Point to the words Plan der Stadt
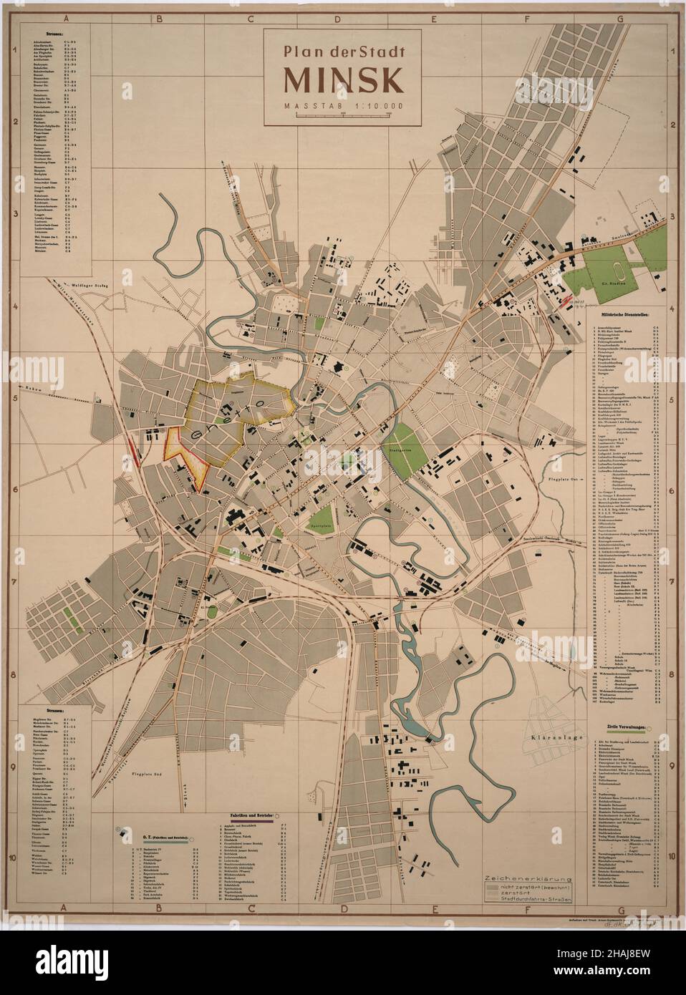343,52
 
